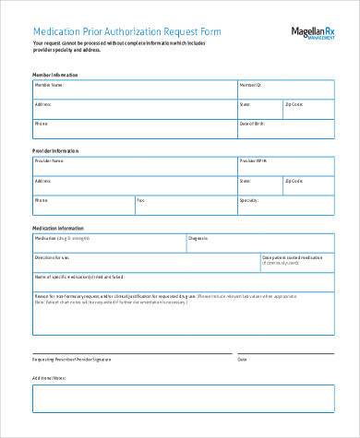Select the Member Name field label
pyautogui.click(x=49, y=84)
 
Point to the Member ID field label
pyautogui.click(x=251, y=84)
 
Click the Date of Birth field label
pyautogui.click(x=252, y=123)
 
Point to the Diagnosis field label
pyautogui.click(x=198, y=238)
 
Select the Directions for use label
pyautogui.click(x=54, y=257)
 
